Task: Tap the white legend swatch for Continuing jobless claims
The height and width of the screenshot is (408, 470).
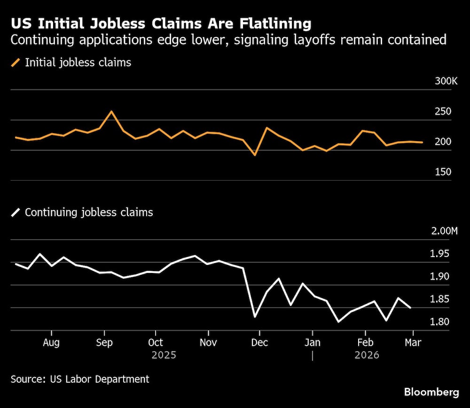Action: point(16,212)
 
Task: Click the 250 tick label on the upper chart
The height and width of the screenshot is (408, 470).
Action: point(443,112)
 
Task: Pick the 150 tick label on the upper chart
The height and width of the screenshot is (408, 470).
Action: point(443,172)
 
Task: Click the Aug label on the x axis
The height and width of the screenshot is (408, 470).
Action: point(51,343)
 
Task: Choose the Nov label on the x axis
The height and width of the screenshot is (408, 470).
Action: point(208,343)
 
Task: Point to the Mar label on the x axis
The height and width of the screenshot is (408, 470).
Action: point(413,343)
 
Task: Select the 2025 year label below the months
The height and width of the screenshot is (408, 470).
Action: point(164,355)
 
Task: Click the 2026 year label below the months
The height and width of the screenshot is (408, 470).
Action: point(367,355)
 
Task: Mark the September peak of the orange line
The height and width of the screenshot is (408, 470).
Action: point(111,112)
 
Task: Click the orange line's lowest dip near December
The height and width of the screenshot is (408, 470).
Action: point(255,155)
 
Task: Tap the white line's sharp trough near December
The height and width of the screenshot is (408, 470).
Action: point(255,317)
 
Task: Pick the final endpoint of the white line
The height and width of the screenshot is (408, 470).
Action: point(411,308)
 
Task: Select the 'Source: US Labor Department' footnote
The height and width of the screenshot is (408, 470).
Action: point(80,379)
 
